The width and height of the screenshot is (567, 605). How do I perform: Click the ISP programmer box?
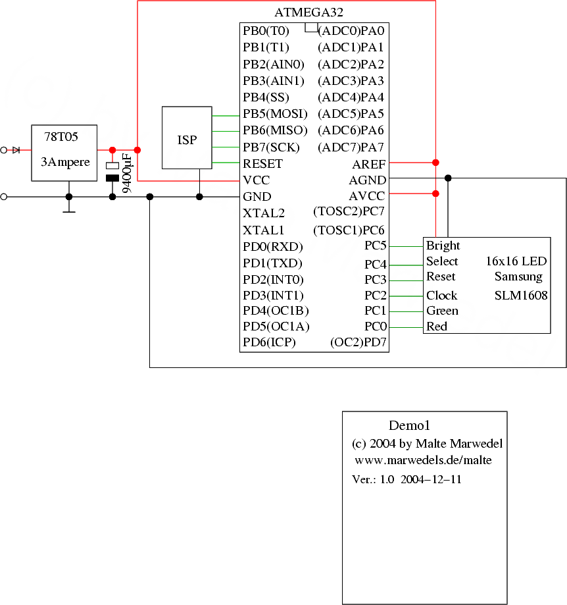[x=187, y=140]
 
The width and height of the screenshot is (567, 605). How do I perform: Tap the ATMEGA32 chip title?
[x=308, y=13]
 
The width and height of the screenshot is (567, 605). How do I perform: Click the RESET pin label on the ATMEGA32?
[x=262, y=164]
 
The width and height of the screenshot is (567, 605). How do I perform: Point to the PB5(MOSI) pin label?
[x=275, y=114]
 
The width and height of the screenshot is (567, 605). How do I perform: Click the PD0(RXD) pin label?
[x=272, y=247]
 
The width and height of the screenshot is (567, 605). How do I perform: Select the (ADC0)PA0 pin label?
[x=351, y=31]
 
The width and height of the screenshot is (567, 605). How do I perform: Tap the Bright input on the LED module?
[x=443, y=246]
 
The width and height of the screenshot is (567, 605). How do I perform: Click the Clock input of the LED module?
[x=441, y=295]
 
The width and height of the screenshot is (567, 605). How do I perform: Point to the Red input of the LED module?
[x=437, y=327]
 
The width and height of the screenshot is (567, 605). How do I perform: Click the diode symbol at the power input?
[x=16, y=150]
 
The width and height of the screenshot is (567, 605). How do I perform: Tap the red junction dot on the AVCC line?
[x=435, y=194]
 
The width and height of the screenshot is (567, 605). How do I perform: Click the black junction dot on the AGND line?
[x=448, y=178]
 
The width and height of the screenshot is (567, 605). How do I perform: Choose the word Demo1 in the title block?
[x=409, y=426]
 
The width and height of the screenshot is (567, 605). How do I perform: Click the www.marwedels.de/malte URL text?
[x=423, y=460]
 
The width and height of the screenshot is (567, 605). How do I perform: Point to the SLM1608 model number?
[x=520, y=296]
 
